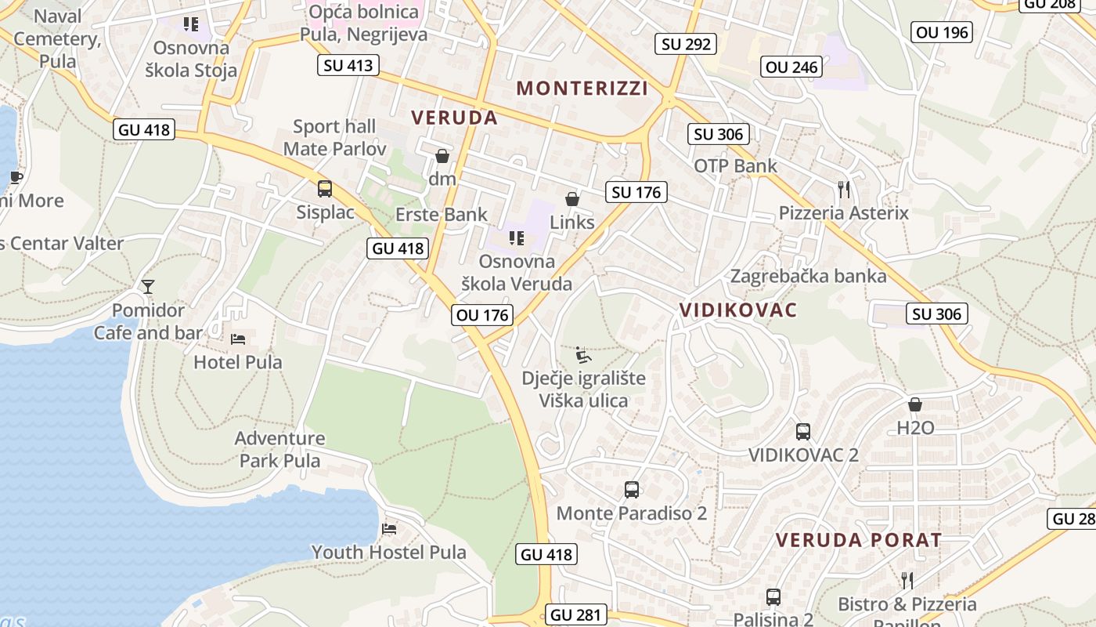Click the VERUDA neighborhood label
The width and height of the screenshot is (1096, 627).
click(x=455, y=118)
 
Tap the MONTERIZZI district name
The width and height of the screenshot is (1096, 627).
click(x=582, y=88)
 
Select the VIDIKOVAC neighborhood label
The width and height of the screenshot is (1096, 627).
click(x=738, y=310)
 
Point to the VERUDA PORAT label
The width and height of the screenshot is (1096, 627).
click(x=859, y=540)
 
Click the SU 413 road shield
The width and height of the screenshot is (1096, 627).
click(x=348, y=65)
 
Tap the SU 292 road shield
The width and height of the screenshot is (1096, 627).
click(x=686, y=44)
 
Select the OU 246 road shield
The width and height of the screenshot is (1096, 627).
click(x=792, y=67)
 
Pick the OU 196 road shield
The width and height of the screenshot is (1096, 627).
click(x=943, y=32)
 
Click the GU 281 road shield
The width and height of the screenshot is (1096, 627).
click(x=576, y=615)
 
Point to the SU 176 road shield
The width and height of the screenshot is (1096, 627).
click(x=636, y=192)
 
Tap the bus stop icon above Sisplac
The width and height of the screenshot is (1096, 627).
click(x=325, y=189)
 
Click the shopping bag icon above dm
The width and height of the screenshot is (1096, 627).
click(x=442, y=156)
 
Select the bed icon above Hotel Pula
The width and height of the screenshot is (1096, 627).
click(x=238, y=339)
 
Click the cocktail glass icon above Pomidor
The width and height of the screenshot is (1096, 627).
click(x=148, y=287)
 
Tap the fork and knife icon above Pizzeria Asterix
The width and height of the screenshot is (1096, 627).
click(x=843, y=189)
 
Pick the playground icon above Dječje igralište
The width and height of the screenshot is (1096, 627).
click(x=583, y=356)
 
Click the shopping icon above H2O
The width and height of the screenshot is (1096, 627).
click(x=914, y=404)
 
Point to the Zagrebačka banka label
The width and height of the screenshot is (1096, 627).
click(x=808, y=276)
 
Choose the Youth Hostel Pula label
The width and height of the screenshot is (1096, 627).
click(x=388, y=552)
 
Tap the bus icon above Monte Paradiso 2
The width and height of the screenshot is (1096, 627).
click(x=632, y=490)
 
